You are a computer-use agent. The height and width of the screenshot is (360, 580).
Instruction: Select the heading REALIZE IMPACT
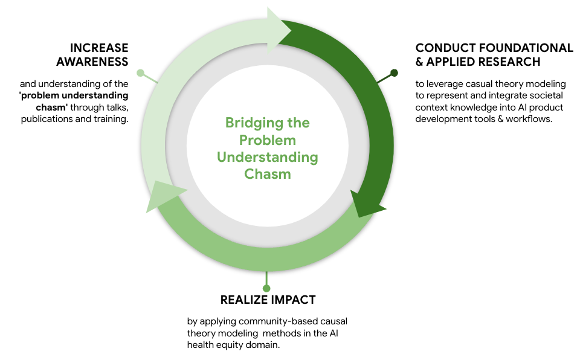268,300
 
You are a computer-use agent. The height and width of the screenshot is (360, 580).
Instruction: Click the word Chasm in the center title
268,174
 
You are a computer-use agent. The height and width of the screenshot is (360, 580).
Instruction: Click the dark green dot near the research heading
394,73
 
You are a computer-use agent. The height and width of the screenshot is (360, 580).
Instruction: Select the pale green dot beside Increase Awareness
141,73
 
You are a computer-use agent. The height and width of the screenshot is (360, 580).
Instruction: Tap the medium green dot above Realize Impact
266,288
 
